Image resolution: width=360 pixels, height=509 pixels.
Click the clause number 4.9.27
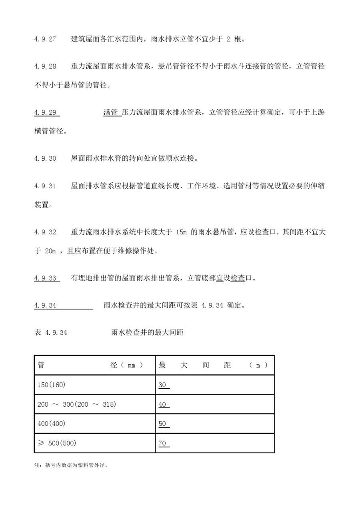(45, 40)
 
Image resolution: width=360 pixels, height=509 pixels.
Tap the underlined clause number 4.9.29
(46, 112)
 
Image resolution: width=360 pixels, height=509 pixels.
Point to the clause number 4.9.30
(45, 158)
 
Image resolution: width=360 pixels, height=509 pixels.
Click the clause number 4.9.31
(45, 186)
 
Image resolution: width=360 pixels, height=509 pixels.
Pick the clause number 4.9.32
(45, 232)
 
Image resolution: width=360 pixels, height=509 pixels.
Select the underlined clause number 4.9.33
(46, 278)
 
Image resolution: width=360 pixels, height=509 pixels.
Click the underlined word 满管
(111, 112)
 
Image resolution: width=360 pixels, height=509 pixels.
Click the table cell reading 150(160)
(51, 385)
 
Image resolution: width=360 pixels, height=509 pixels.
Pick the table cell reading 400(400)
(51, 423)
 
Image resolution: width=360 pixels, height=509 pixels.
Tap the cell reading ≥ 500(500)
(56, 443)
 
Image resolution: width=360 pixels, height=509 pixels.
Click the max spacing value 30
(162, 385)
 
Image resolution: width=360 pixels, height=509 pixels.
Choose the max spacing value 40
(162, 404)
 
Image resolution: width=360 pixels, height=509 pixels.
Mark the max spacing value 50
(162, 423)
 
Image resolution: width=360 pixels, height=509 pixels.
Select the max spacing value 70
(162, 443)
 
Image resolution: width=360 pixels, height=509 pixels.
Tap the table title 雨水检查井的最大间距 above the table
(147, 332)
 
